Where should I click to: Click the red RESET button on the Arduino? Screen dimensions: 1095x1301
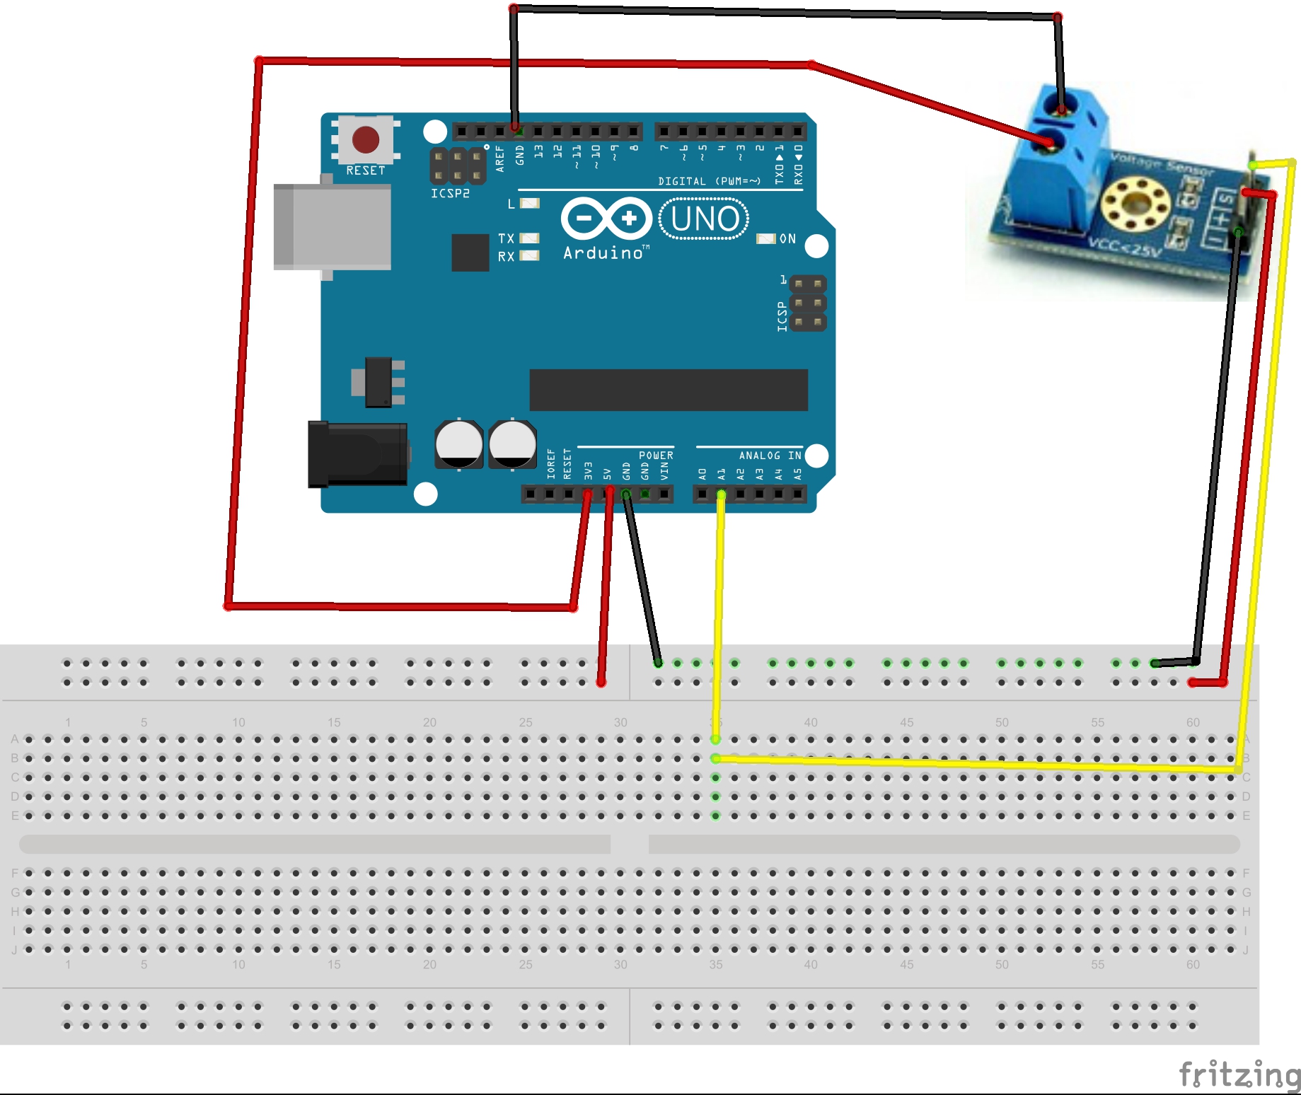(365, 139)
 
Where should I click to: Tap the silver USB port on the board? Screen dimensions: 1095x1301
(333, 226)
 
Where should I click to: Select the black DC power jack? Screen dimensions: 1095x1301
(357, 454)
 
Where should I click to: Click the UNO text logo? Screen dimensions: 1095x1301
(704, 219)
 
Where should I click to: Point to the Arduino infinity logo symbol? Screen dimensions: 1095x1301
(606, 218)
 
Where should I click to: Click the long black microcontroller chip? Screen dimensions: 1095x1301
(669, 389)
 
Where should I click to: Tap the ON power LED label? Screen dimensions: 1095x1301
(787, 239)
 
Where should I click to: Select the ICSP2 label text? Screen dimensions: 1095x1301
(450, 193)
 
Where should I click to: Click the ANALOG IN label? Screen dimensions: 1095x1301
(770, 456)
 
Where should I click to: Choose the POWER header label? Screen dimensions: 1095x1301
(656, 456)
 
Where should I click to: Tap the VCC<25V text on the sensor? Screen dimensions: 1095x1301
(1125, 248)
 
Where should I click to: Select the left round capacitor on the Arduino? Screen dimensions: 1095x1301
(458, 444)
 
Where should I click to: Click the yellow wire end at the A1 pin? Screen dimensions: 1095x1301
(721, 494)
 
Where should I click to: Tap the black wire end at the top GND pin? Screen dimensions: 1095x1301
(516, 129)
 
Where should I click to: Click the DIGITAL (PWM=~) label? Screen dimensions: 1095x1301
(709, 181)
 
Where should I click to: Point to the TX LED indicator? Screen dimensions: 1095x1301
(529, 238)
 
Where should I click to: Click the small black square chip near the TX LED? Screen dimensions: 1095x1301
(470, 253)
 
